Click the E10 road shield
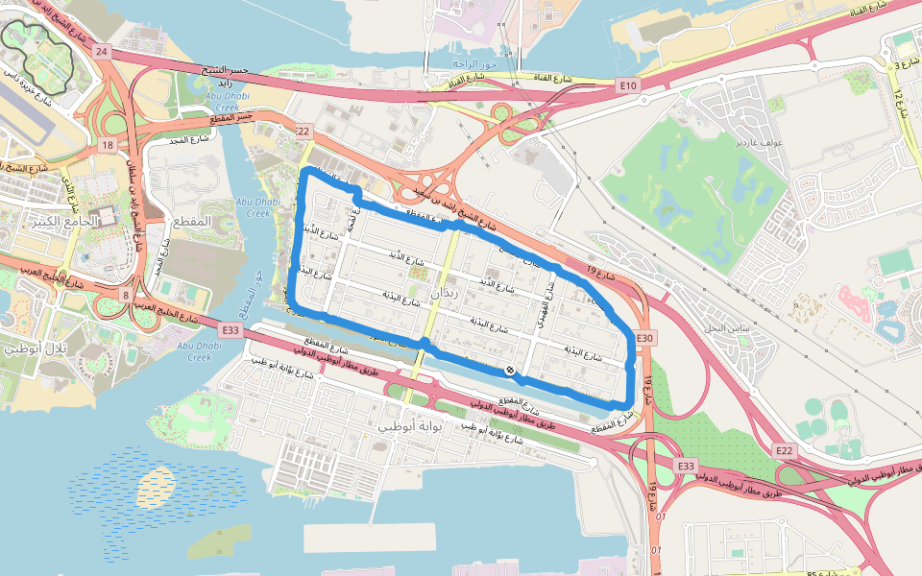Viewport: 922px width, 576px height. [x=628, y=86]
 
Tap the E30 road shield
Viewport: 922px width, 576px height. [x=645, y=338]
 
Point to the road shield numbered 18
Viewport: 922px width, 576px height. [x=107, y=145]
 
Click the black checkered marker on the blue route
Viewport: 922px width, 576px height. [x=510, y=371]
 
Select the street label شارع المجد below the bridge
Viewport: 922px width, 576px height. [x=191, y=140]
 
